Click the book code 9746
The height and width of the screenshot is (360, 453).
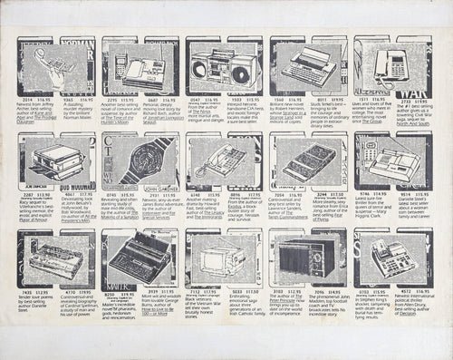pos(366,193)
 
